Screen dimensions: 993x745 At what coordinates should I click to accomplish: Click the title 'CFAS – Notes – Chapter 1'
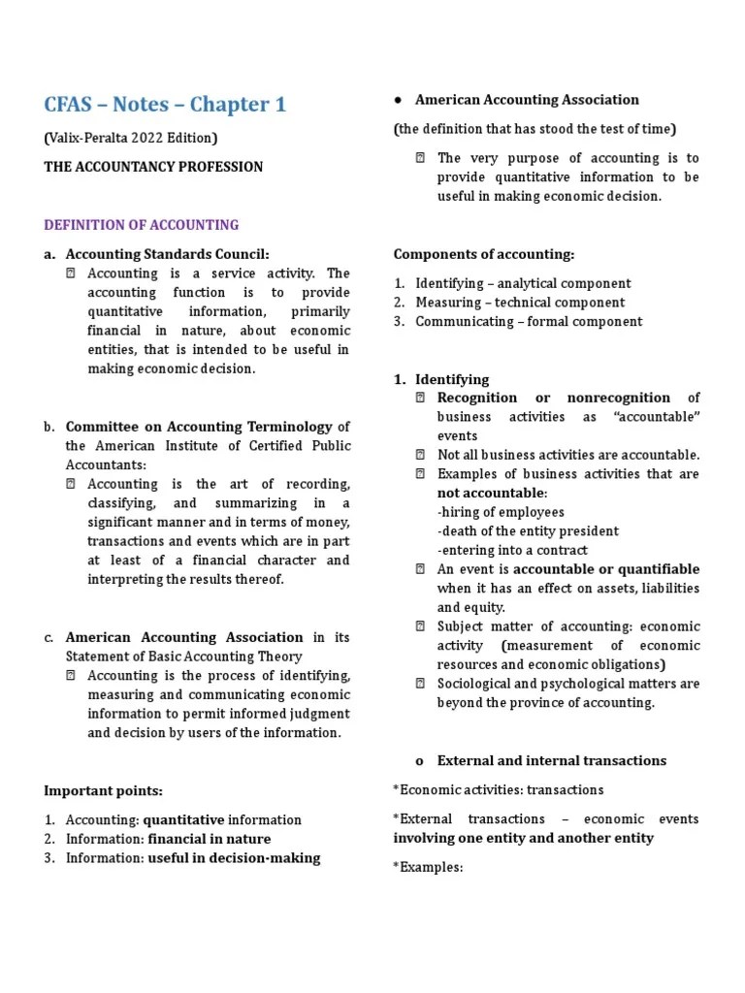tap(165, 104)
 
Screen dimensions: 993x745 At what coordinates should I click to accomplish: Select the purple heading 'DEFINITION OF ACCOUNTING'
tap(142, 225)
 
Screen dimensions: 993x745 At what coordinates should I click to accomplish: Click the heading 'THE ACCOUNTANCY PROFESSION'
tap(153, 167)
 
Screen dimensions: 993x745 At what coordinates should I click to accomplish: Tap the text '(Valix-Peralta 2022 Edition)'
tap(131, 138)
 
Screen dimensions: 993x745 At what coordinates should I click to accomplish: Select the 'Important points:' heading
tap(102, 790)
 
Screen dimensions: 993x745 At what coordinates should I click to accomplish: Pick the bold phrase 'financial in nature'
tap(210, 839)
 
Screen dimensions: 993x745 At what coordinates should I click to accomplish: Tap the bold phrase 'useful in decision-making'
tap(234, 858)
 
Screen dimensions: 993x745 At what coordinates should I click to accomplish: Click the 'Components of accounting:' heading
tap(484, 254)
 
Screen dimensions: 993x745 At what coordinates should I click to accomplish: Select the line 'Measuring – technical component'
tap(520, 303)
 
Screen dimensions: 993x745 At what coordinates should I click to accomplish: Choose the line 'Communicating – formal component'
tap(529, 322)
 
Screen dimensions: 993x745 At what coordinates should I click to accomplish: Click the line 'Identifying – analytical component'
tap(523, 283)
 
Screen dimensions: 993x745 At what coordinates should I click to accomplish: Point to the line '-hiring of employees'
tap(501, 512)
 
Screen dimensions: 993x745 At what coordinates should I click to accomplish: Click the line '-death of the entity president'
tap(528, 531)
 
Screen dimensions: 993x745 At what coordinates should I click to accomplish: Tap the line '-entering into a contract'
tap(513, 550)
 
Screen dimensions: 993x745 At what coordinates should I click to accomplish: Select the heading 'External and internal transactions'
tap(552, 761)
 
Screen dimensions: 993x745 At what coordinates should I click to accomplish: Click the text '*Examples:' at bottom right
tap(428, 867)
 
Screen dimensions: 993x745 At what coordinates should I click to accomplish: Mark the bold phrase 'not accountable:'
tap(492, 493)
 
